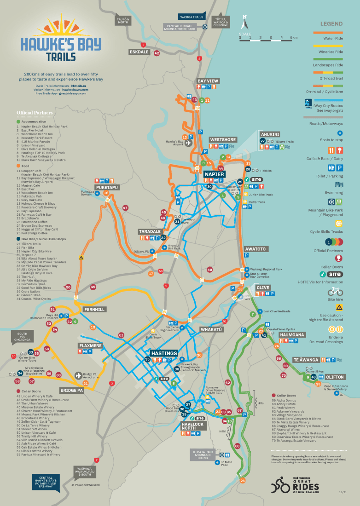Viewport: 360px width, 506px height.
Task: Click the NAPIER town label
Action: coord(214,174)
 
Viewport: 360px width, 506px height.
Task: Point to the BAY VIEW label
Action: coord(208,81)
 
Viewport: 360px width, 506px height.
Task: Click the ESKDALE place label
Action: coord(139,52)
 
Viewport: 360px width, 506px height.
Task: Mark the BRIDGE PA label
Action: coord(71,391)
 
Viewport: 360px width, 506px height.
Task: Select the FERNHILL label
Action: coord(95,310)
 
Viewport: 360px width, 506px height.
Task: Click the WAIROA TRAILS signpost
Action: coord(192,17)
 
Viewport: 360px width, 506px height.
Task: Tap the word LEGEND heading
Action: coord(331,23)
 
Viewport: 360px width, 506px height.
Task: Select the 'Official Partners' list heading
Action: coord(35,112)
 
